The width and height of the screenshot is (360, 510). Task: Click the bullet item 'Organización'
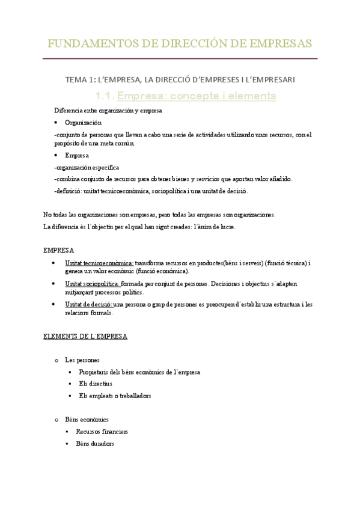pyautogui.click(x=88, y=122)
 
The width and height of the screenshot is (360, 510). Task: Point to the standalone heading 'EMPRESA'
pyautogui.click(x=59, y=250)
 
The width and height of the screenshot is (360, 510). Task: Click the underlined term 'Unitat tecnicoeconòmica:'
pyautogui.click(x=99, y=263)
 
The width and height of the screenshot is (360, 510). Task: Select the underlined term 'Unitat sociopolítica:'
pyautogui.click(x=93, y=283)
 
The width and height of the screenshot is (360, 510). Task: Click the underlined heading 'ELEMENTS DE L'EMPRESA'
pyautogui.click(x=85, y=337)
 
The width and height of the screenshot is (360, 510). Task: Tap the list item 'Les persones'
pyautogui.click(x=82, y=360)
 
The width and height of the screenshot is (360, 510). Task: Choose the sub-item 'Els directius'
pyautogui.click(x=96, y=384)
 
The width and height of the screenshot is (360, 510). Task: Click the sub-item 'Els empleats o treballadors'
pyautogui.click(x=115, y=396)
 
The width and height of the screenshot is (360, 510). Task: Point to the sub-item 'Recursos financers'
pyautogui.click(x=102, y=431)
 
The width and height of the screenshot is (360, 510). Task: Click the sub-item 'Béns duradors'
pyautogui.click(x=95, y=443)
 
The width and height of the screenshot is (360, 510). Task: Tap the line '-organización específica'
pyautogui.click(x=87, y=167)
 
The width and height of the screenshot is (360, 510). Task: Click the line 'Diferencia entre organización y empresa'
pyautogui.click(x=108, y=111)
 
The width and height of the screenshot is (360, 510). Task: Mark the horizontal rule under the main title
pyautogui.click(x=180, y=58)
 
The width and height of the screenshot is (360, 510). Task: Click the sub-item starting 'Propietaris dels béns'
pyautogui.click(x=139, y=372)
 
